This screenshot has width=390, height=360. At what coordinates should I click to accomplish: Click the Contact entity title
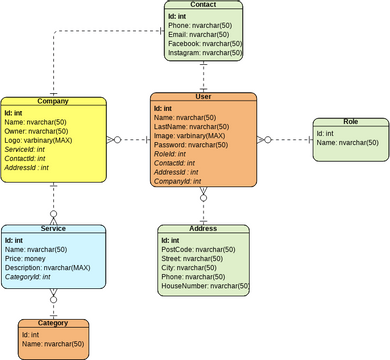pos(203,5)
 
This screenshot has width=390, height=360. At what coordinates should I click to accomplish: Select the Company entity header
pos(53,102)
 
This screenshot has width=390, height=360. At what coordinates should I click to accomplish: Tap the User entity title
pos(203,97)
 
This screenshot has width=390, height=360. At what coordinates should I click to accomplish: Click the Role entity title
pos(350,121)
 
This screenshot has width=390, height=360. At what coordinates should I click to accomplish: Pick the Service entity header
pos(53,229)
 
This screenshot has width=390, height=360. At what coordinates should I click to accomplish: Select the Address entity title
pos(203,229)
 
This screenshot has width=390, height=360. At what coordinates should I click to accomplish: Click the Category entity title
pos(53,324)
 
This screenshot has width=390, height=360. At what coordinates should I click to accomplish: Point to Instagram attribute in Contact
pos(203,54)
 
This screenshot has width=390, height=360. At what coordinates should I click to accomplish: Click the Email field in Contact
pos(197,35)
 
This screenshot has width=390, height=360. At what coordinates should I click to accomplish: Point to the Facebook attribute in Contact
pos(204,45)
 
